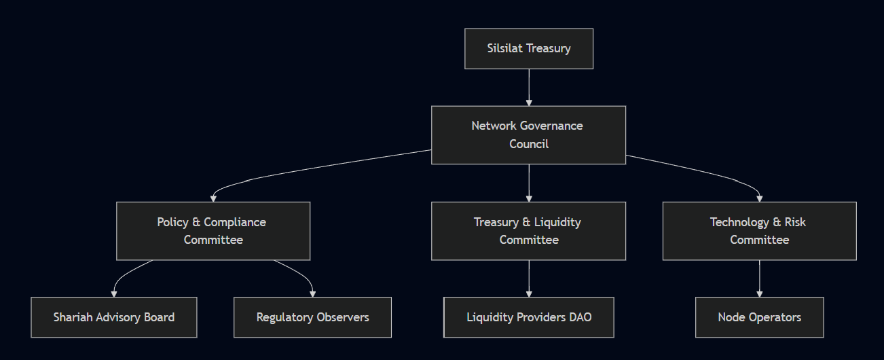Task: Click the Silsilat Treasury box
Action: [528, 48]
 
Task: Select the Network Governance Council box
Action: [528, 134]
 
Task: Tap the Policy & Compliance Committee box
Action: [213, 231]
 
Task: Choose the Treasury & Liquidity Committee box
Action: [528, 231]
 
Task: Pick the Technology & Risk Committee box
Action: [759, 231]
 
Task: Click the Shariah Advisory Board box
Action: [113, 317]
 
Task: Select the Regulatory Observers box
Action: [312, 317]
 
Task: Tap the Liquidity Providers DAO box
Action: [528, 317]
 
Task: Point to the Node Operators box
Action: [759, 317]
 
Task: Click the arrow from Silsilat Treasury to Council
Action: [528, 87]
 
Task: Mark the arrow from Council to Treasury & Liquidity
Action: [528, 183]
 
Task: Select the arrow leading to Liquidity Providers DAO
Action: [528, 278]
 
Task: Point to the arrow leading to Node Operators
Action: [759, 278]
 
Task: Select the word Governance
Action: [551, 126]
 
